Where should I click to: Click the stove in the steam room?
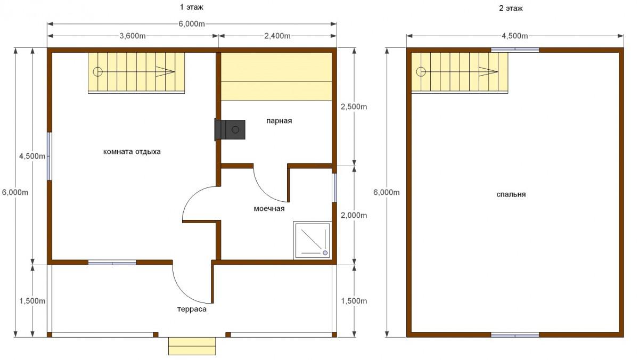tap(230, 130)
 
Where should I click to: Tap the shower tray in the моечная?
tap(313, 241)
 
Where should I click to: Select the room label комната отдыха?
tap(132, 151)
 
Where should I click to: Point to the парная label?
tap(279, 121)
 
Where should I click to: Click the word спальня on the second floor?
tap(511, 194)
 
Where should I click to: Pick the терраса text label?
tap(192, 309)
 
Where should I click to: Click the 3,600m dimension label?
tap(133, 36)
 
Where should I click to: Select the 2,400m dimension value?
tap(277, 36)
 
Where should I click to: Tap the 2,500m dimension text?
tap(354, 107)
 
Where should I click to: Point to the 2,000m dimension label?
tap(354, 215)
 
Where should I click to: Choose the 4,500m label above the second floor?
tap(514, 36)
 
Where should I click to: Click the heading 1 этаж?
tap(191, 7)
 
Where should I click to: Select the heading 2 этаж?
tap(511, 9)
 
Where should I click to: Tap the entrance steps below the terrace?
tap(192, 346)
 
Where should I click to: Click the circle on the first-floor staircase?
tap(97, 71)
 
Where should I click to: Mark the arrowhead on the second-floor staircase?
tap(488, 71)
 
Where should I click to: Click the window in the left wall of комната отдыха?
tap(50, 156)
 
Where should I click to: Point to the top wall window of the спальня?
tap(515, 50)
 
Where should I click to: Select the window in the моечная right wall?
tap(334, 187)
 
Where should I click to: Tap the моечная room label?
tap(269, 209)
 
